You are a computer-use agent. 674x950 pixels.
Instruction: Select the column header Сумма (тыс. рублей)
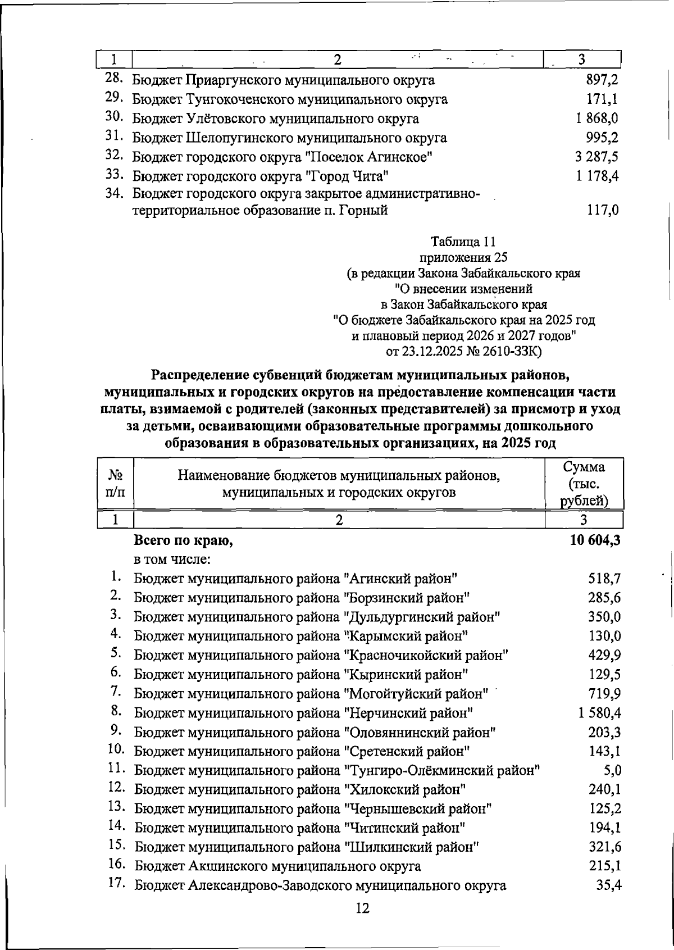[584, 484]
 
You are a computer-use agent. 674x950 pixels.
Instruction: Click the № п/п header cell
[115, 484]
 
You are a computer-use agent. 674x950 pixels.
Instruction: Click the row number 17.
[116, 884]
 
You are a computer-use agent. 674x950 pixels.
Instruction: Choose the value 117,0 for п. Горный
[603, 211]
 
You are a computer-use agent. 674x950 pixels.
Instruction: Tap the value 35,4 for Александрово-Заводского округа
[608, 885]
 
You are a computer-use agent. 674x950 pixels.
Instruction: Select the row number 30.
[115, 117]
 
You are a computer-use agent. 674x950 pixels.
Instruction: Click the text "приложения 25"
[463, 258]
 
